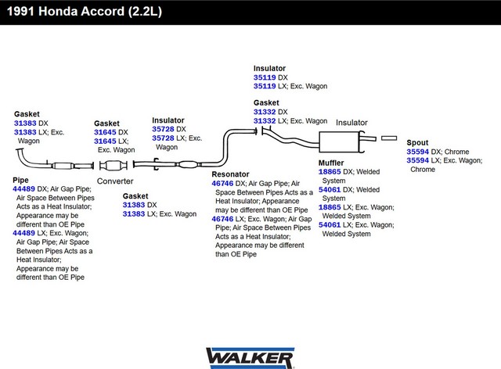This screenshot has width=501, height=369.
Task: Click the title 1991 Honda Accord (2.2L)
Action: (x=85, y=12)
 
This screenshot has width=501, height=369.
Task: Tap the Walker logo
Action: (x=250, y=358)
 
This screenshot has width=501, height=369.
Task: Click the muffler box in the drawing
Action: (x=339, y=142)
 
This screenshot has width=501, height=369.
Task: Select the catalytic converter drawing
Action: (x=113, y=166)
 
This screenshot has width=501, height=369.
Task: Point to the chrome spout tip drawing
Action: (x=389, y=138)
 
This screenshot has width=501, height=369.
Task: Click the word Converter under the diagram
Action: (x=115, y=181)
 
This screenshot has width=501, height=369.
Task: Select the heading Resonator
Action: (x=230, y=174)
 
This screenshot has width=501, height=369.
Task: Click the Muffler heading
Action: (x=331, y=163)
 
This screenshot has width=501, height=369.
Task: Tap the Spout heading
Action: (x=417, y=143)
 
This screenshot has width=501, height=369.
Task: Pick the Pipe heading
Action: (x=20, y=180)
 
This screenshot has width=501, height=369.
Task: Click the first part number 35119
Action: (x=265, y=77)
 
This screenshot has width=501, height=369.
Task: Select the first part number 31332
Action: (x=265, y=112)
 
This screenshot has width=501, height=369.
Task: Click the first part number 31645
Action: (x=105, y=132)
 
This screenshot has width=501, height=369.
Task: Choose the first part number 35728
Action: (x=163, y=129)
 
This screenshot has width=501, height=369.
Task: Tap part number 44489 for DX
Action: (x=23, y=189)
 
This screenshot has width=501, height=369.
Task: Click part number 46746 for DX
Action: (x=222, y=184)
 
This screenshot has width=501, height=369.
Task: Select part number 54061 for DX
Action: (x=330, y=190)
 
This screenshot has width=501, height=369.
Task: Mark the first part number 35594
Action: (x=417, y=152)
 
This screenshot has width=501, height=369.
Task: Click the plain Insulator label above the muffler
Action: (x=351, y=123)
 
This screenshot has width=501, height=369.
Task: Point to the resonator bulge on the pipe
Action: (x=188, y=165)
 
